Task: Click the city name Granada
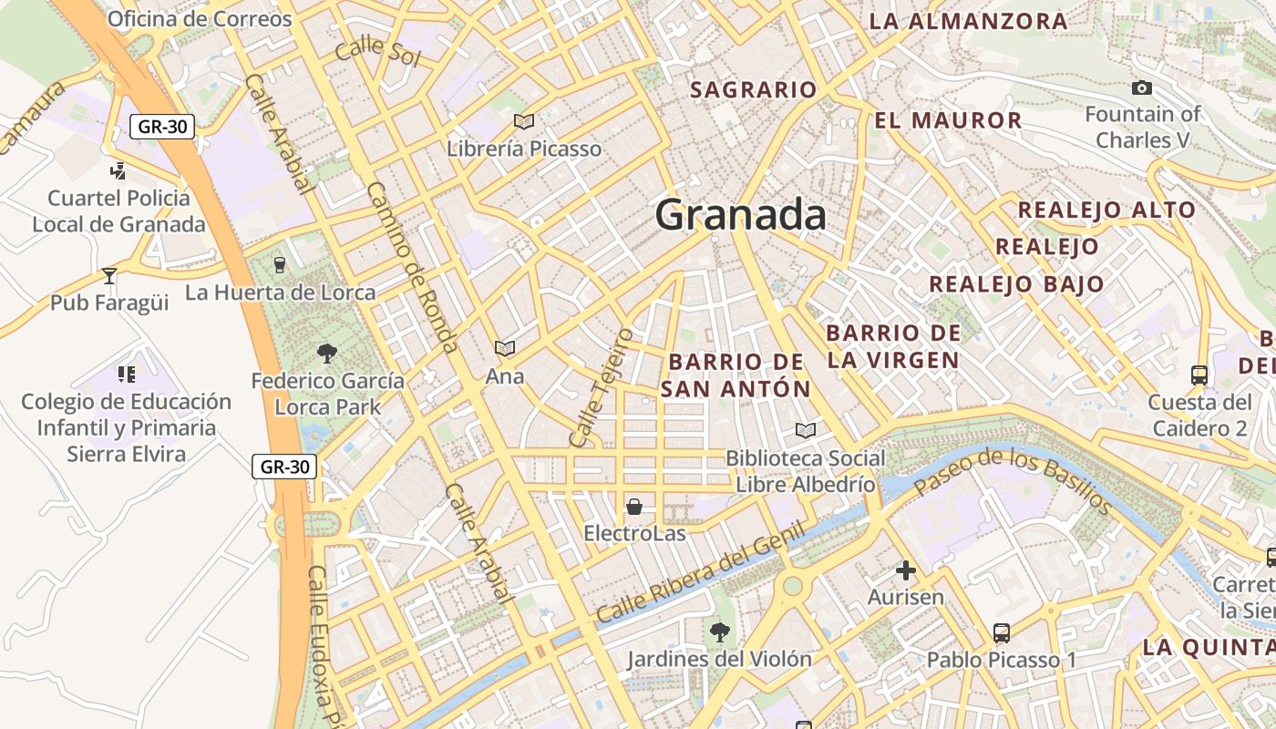pos(740,215)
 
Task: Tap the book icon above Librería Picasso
pos(524,121)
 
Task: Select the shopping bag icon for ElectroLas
pos(634,506)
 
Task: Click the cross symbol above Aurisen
pos(905,570)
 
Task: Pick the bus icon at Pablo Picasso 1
pos(1002,632)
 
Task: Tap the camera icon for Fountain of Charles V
pos(1141,87)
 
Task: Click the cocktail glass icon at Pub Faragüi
pos(109,275)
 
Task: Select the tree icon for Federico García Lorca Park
pos(327,353)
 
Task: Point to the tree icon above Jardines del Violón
pos(720,631)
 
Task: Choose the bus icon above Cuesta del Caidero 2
pos(1199,375)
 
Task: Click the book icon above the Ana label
pos(504,348)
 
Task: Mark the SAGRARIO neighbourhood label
pos(753,89)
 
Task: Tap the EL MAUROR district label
pos(948,120)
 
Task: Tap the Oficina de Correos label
pos(200,19)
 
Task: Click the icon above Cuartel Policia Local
pos(118,170)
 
